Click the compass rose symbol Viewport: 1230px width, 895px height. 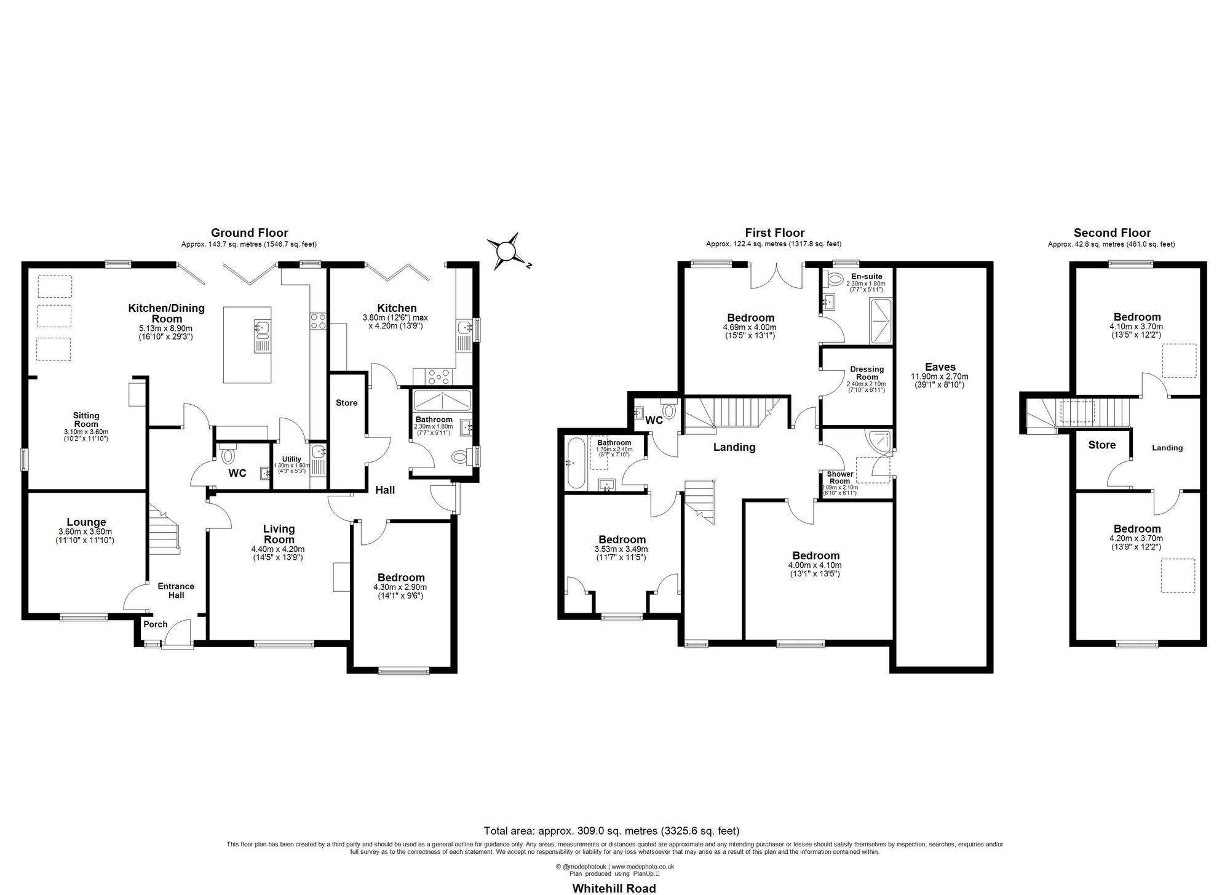(505, 252)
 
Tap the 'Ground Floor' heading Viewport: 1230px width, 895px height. (249, 233)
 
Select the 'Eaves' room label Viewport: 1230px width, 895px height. (940, 367)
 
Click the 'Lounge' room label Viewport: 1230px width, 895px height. (86, 522)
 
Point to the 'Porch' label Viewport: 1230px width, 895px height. (156, 624)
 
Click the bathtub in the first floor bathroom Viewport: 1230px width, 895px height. (576, 463)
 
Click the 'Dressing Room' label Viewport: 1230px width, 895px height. (867, 373)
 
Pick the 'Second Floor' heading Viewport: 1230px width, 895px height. (1112, 233)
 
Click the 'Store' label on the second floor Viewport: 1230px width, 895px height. (1101, 445)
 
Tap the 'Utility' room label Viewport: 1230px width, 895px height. (292, 459)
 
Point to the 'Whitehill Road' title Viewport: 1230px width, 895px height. (614, 888)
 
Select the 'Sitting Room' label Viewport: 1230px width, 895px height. (86, 420)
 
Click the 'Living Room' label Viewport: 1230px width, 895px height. (279, 533)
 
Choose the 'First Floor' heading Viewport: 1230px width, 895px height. (774, 233)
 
